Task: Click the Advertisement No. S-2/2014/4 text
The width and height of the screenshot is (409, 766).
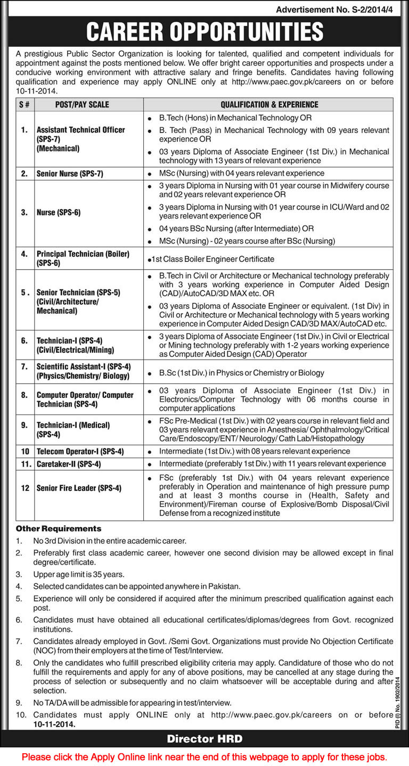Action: pyautogui.click(x=338, y=10)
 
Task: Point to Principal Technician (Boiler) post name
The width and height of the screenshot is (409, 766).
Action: pyautogui.click(x=83, y=254)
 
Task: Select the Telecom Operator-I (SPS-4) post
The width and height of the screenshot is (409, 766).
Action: pyautogui.click(x=80, y=451)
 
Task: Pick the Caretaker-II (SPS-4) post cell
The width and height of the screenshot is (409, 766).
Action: pyautogui.click(x=69, y=464)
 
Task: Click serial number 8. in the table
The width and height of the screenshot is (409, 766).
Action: pyautogui.click(x=24, y=395)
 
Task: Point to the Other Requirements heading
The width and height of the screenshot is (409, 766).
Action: pyautogui.click(x=59, y=529)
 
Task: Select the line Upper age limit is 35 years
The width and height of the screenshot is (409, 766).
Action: pyautogui.click(x=78, y=574)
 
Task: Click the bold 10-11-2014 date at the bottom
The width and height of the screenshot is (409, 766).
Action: pyautogui.click(x=54, y=725)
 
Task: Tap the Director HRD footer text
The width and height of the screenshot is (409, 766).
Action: pyautogui.click(x=204, y=738)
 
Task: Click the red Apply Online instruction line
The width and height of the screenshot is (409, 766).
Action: pyautogui.click(x=204, y=756)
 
